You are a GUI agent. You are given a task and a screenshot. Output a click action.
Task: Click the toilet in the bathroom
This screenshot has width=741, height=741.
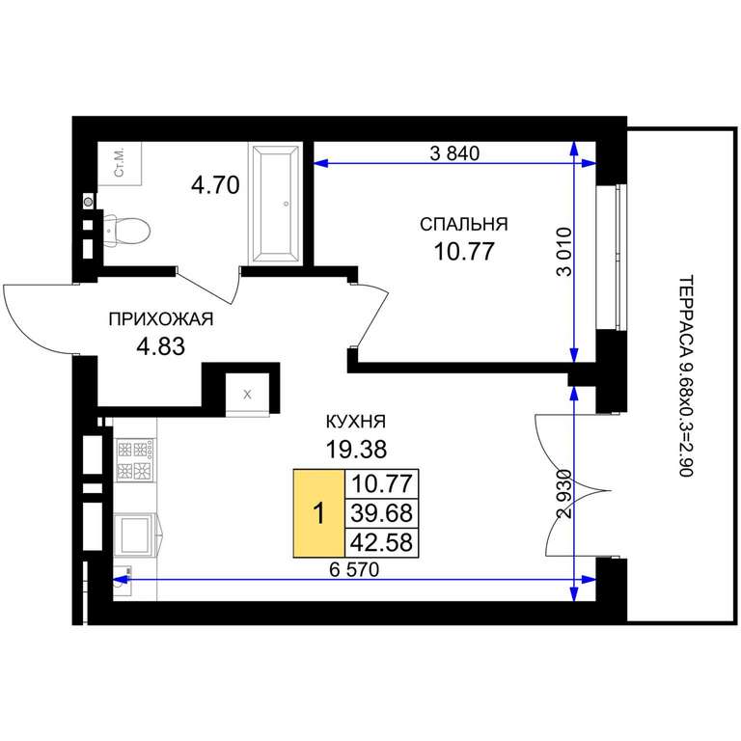(x=126, y=231)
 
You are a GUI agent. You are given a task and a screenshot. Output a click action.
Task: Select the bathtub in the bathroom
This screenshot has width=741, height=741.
(x=276, y=204)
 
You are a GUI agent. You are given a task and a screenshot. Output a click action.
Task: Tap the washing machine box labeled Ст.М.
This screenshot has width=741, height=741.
(x=120, y=163)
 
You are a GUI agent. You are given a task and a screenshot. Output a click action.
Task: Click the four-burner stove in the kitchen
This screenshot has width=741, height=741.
(x=135, y=460)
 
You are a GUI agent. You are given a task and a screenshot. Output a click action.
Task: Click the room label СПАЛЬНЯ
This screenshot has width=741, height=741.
(x=463, y=224)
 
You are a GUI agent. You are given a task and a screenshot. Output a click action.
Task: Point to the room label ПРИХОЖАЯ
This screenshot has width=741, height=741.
(x=161, y=319)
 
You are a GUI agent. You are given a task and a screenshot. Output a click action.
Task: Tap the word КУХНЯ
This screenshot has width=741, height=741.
(x=356, y=422)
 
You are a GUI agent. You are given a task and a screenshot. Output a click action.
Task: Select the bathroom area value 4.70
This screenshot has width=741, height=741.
(x=215, y=185)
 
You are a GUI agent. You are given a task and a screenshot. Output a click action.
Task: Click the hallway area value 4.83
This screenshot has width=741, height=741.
(x=161, y=346)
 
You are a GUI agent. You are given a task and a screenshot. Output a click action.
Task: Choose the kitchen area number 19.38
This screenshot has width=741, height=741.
(x=356, y=449)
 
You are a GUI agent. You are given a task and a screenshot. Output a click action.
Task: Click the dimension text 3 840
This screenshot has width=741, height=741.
(x=454, y=153)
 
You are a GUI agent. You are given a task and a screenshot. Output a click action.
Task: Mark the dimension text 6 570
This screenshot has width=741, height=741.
(x=354, y=570)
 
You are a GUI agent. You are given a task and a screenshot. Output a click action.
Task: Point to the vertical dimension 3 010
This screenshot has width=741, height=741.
(x=564, y=252)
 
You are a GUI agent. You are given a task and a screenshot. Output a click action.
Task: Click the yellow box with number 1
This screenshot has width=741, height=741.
(x=319, y=513)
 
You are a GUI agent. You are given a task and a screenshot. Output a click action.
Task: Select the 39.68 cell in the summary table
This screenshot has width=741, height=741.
(x=382, y=513)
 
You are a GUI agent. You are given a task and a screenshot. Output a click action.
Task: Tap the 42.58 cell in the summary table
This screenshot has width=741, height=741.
(x=382, y=542)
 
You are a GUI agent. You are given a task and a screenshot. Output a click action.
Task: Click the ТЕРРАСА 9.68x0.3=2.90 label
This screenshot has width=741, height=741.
(x=685, y=375)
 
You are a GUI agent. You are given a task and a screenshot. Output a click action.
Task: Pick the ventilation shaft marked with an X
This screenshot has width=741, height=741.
(x=248, y=394)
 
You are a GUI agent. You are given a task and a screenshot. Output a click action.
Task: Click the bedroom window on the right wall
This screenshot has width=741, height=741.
(x=612, y=257)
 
